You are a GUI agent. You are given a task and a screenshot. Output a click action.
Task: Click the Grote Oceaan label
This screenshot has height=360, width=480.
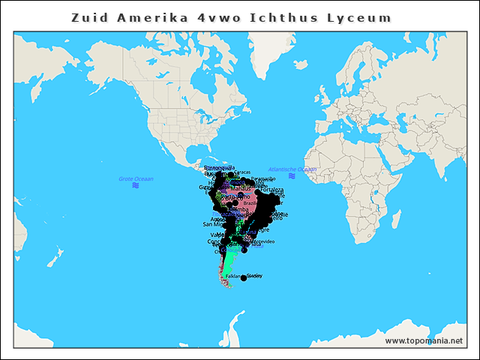(x=136, y=178)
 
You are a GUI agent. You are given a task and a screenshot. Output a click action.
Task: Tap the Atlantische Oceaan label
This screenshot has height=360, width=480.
(x=292, y=169)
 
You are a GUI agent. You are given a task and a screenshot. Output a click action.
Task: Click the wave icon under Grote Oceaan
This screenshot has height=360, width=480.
(x=136, y=186)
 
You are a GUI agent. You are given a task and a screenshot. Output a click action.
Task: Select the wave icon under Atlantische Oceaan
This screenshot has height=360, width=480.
(x=292, y=176)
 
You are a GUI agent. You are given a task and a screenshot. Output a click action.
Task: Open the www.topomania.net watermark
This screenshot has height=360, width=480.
(x=424, y=340)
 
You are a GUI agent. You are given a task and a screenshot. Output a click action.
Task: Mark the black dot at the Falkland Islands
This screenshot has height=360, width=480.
(x=244, y=278)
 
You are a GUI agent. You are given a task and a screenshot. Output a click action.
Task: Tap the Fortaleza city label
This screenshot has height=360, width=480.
(x=274, y=190)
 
